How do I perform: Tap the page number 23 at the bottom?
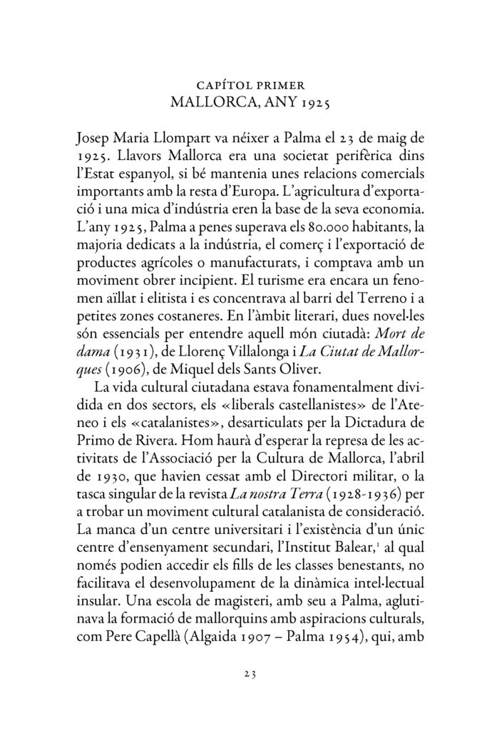point(243,672)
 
